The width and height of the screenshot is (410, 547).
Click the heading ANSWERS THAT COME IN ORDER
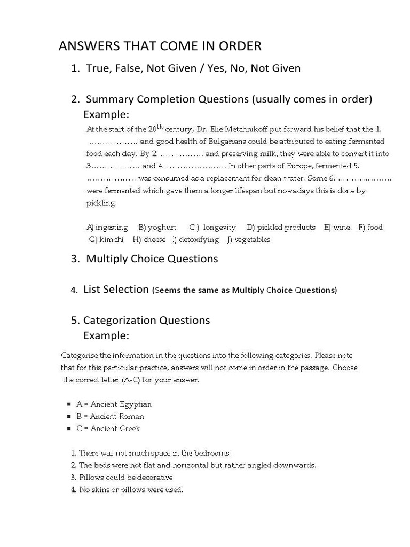[160, 46]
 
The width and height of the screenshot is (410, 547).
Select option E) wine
[337, 228]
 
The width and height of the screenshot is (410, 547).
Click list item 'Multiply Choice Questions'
[152, 259]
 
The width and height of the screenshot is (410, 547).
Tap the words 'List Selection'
[116, 290]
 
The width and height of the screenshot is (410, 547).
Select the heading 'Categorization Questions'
[146, 321]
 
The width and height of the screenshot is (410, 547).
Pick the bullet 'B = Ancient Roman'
[110, 417]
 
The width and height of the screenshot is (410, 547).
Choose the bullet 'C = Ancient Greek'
[108, 428]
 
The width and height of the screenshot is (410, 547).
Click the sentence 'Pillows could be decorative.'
[127, 477]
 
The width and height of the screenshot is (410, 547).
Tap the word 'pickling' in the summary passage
[101, 204]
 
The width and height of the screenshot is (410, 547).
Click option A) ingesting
[107, 228]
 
